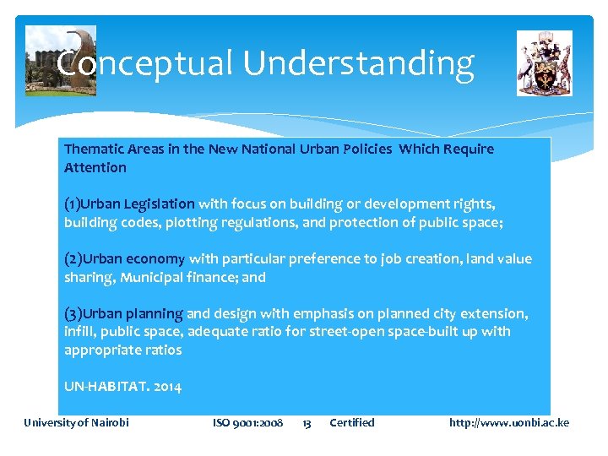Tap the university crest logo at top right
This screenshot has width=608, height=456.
pyautogui.click(x=544, y=63)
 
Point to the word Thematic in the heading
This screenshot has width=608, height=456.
pyautogui.click(x=92, y=149)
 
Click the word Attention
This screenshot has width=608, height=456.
pyautogui.click(x=95, y=167)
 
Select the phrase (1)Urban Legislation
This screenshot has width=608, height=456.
pyautogui.click(x=129, y=204)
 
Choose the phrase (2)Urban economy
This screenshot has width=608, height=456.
pyautogui.click(x=124, y=258)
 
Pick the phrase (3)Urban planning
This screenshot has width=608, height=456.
pyautogui.click(x=123, y=313)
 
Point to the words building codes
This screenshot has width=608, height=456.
pyautogui.click(x=101, y=222)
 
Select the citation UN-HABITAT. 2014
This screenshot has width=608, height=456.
pyautogui.click(x=122, y=387)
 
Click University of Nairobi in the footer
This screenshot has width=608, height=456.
pyautogui.click(x=76, y=422)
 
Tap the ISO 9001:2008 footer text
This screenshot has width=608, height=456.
pyautogui.click(x=247, y=422)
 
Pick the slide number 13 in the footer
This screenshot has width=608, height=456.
pyautogui.click(x=307, y=422)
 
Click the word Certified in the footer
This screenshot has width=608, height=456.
pyautogui.click(x=351, y=422)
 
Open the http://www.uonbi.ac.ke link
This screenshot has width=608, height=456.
pyautogui.click(x=508, y=422)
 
